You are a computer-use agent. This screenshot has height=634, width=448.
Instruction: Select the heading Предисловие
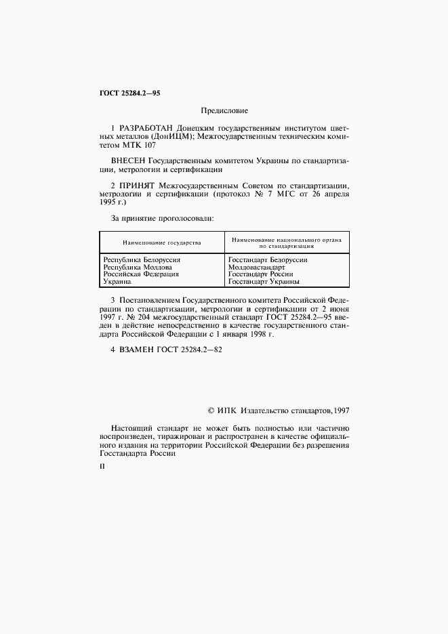click(224, 110)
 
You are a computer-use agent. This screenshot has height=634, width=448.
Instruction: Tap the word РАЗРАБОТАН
click(145, 127)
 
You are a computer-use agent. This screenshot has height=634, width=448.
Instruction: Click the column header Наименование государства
click(161, 242)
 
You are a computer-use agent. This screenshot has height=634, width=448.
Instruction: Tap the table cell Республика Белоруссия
click(141, 259)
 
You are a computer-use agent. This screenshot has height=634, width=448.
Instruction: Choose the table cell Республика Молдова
click(137, 267)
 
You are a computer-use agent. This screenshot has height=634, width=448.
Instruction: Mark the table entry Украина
click(117, 282)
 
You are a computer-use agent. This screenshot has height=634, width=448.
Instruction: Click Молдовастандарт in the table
click(257, 267)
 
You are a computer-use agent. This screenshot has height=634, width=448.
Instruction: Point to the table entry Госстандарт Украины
click(264, 282)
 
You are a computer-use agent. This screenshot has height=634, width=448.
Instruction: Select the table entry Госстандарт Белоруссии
click(268, 259)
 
